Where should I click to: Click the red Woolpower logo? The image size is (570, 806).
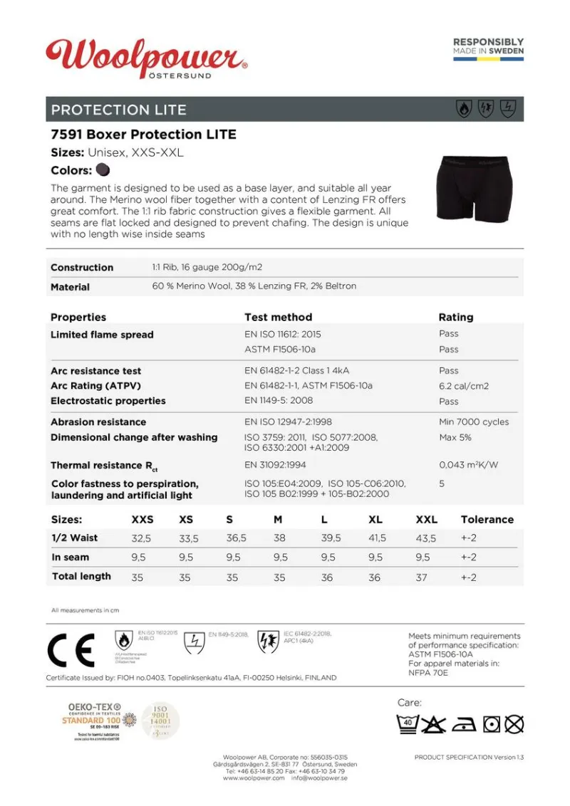146,57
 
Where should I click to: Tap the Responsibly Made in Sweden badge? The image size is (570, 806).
488,48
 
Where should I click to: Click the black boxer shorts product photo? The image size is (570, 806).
474,189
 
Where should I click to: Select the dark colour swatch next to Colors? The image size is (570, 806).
103,170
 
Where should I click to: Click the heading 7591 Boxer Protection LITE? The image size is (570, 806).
143,134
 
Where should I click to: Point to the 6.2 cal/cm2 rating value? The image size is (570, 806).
464,386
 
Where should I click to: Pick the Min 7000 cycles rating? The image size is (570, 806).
474,422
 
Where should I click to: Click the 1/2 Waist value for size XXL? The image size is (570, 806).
426,538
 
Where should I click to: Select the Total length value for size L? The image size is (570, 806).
326,577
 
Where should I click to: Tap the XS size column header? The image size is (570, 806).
185,520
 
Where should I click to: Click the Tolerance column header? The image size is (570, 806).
487,520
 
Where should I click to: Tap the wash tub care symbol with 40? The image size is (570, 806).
407,725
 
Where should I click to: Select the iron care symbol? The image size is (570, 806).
465,725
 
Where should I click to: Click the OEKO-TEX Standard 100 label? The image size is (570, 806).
94,721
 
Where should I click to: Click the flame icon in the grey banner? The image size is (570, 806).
464,109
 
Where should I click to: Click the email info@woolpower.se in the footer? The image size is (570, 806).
318,778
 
